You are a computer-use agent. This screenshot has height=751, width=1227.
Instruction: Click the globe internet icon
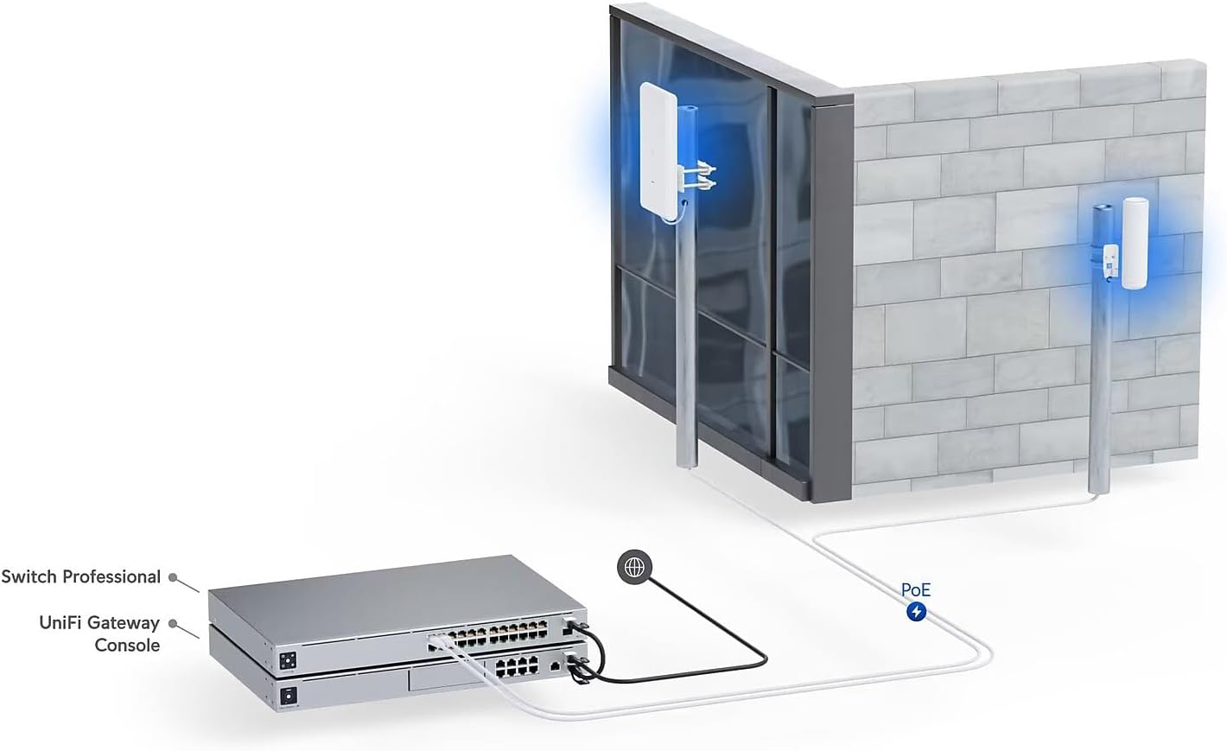tap(635, 566)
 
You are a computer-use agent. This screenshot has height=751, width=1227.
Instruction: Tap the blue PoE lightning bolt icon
tap(916, 612)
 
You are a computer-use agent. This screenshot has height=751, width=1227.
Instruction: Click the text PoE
tap(916, 591)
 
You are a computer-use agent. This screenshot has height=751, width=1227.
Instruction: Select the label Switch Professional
tap(81, 576)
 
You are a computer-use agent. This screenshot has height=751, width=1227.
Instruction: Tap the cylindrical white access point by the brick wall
tap(1133, 243)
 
